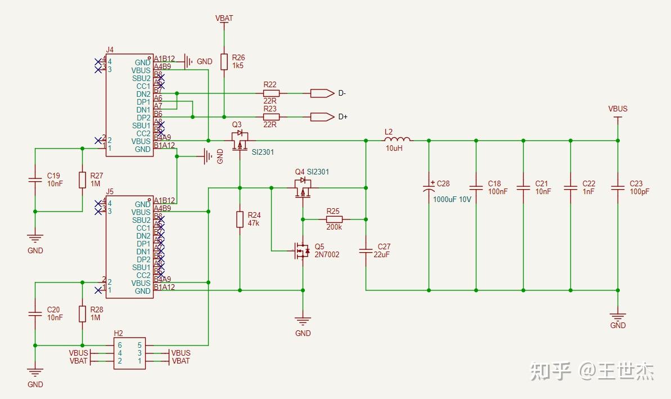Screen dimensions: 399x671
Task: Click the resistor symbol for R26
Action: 224,62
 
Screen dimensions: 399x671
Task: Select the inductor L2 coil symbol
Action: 397,140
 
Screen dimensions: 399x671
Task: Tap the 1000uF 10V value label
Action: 452,199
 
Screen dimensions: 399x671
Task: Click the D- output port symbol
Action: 321,93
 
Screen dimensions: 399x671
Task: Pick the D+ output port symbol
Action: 321,116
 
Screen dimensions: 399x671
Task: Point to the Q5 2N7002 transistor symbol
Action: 302,250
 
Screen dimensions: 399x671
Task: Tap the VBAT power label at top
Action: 224,18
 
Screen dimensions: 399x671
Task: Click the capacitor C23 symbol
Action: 618,187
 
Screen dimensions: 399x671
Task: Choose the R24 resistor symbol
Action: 240,219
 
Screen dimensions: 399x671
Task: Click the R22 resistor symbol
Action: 271,93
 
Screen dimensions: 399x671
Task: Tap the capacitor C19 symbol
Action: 35,180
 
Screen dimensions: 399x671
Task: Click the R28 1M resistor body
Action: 82,314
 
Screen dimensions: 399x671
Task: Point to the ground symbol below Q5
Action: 303,322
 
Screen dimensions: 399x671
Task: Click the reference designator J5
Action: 110,191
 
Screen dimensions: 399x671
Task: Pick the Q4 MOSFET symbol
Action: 303,189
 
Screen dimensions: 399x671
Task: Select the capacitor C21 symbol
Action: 523,187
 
